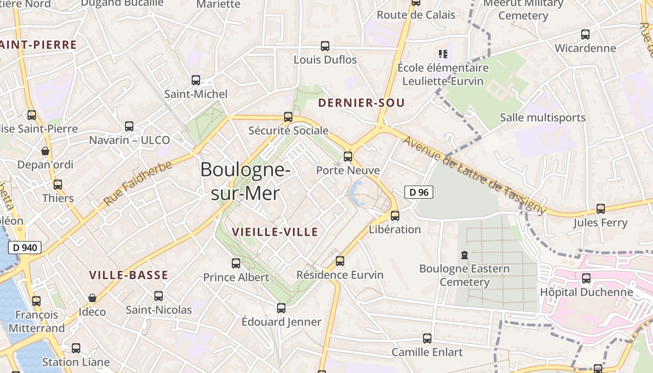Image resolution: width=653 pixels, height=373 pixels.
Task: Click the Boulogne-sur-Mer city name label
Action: (x=245, y=181)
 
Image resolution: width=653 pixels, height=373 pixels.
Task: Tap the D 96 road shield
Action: (x=418, y=192)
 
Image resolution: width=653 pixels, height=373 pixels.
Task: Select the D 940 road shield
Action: (x=25, y=248)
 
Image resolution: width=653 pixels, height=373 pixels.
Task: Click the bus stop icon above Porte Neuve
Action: (x=347, y=157)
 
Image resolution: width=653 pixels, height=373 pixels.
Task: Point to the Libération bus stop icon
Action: (x=395, y=215)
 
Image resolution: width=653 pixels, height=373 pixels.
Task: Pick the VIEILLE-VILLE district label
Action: (x=275, y=232)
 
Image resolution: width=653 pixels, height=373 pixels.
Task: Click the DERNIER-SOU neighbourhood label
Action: (x=361, y=103)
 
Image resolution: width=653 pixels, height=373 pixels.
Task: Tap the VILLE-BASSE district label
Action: (x=128, y=275)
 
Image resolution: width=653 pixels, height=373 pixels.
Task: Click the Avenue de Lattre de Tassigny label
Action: (x=474, y=175)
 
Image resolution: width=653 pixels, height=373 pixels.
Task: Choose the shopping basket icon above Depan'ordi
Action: (x=45, y=151)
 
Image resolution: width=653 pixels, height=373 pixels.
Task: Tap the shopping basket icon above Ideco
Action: (x=92, y=298)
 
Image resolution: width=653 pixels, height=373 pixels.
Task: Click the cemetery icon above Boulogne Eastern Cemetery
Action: (x=464, y=255)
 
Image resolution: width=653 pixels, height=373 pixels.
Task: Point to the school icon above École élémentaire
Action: (x=443, y=54)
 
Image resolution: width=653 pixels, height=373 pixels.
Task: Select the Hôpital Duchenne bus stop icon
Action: (x=586, y=278)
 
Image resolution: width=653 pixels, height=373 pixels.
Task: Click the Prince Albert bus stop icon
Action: (x=236, y=263)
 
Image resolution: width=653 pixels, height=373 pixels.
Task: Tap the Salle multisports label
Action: (x=542, y=117)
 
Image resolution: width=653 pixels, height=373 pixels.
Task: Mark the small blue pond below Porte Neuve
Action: (x=357, y=193)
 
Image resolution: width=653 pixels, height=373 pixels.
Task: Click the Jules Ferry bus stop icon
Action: (x=601, y=209)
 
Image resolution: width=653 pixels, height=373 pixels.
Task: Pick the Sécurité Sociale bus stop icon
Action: (x=288, y=117)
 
